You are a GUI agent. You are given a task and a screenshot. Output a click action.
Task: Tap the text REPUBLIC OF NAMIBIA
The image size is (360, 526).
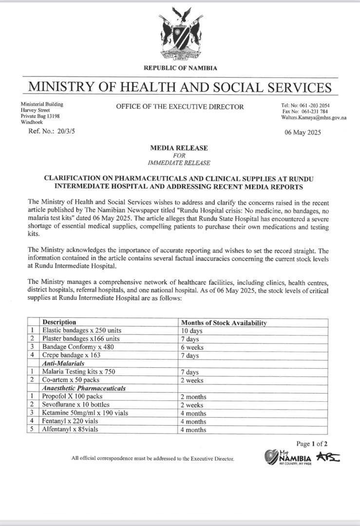(180, 69)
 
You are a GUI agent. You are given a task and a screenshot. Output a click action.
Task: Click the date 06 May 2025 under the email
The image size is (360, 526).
(303, 132)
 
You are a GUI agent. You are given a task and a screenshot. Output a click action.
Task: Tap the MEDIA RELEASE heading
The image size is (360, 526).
(180, 148)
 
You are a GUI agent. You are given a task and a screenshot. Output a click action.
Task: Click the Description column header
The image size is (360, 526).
(59, 322)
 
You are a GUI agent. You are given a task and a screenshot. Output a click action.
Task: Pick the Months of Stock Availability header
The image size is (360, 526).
(224, 323)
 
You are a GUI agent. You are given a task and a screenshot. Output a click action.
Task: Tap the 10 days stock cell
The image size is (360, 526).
(192, 331)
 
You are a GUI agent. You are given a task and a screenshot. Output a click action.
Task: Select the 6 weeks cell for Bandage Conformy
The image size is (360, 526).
(192, 347)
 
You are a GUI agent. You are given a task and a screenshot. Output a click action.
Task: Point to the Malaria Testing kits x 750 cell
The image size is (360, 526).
(75, 372)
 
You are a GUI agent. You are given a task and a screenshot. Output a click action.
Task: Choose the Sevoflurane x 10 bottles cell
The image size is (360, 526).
(76, 405)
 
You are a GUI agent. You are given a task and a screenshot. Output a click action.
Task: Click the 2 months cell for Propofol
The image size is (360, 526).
(193, 397)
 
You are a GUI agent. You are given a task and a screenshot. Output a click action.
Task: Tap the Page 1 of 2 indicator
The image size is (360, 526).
(312, 443)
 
